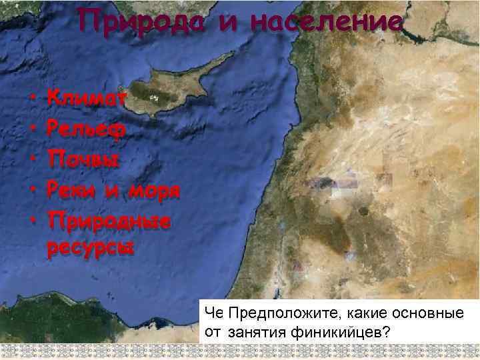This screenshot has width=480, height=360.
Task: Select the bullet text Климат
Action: click(85, 100)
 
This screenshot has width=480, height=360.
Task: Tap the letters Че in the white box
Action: click(213, 312)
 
